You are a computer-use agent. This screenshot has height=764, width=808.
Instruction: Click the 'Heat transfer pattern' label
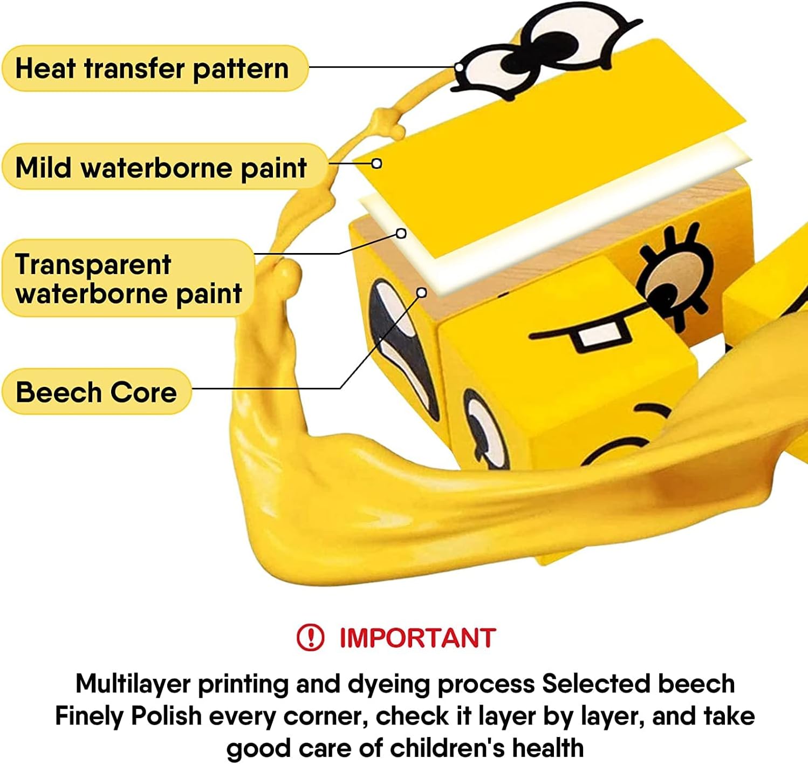click(152, 69)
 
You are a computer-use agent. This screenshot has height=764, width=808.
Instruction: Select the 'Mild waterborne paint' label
click(161, 167)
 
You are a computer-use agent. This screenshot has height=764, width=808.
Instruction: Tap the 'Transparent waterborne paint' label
click(128, 278)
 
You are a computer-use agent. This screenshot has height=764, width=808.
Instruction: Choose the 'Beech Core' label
click(96, 392)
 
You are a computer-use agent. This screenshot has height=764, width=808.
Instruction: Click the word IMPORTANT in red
click(417, 638)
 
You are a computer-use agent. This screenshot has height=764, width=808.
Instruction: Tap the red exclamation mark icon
click(310, 637)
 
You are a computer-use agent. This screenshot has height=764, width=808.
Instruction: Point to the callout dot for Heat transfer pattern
click(459, 67)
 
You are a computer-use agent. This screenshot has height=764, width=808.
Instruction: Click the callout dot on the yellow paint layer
click(377, 163)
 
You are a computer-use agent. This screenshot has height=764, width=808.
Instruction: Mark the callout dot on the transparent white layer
click(401, 233)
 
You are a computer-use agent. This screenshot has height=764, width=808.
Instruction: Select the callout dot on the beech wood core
click(422, 292)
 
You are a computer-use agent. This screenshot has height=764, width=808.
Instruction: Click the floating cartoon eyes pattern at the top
click(545, 51)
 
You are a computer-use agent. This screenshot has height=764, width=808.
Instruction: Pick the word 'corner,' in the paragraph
click(325, 716)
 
